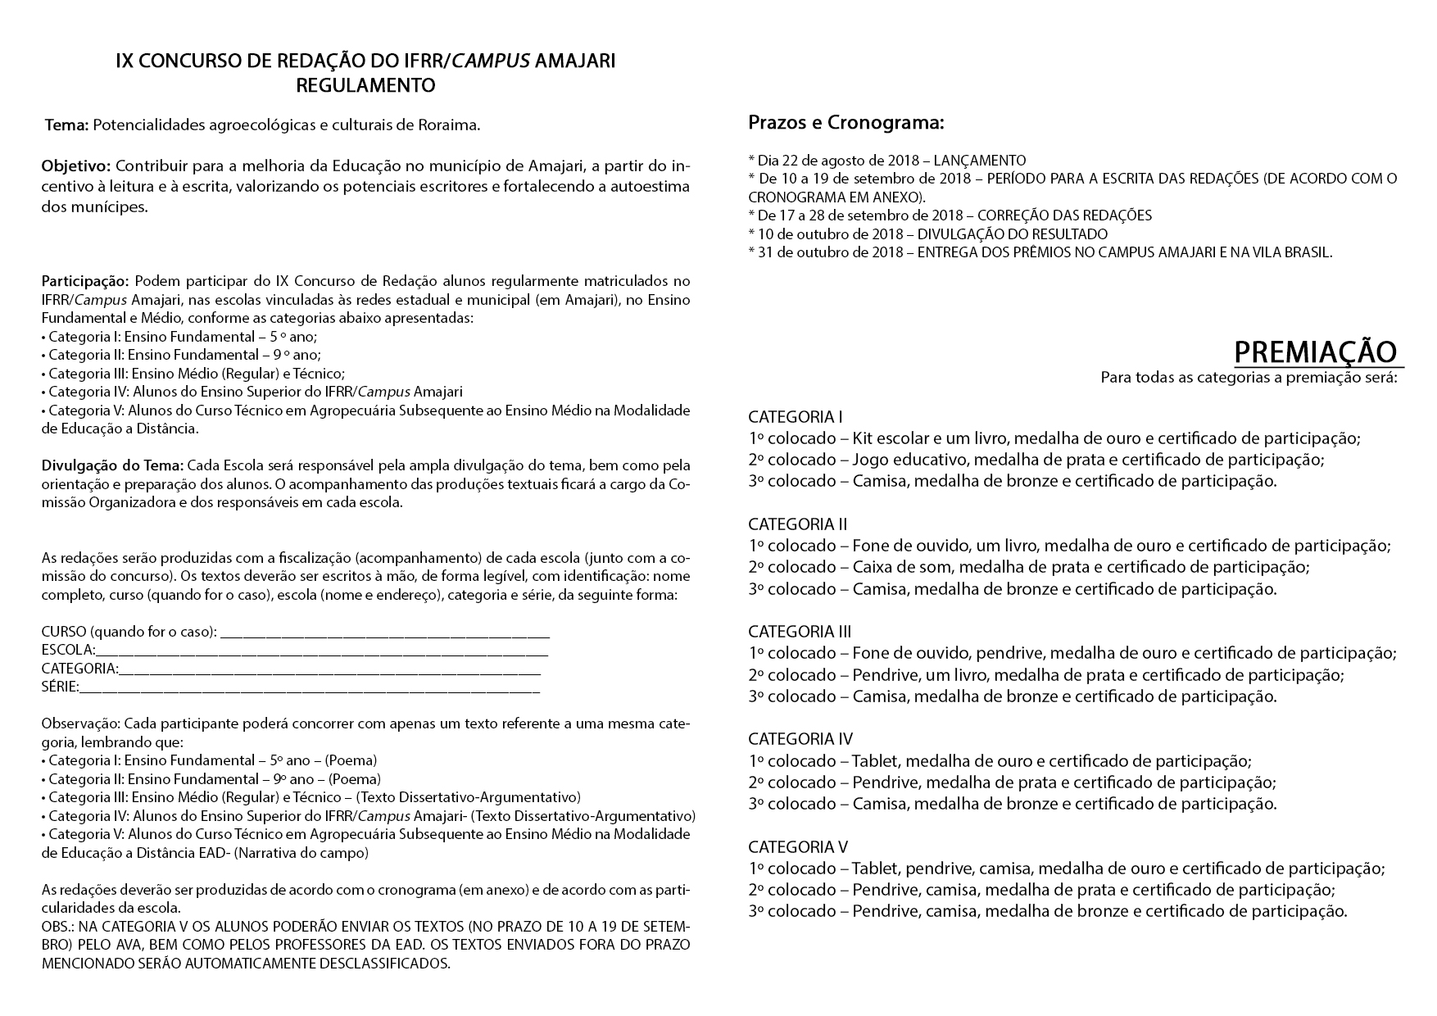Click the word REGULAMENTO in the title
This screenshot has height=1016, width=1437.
[x=365, y=85]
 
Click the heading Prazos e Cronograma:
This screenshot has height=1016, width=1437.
[x=846, y=124]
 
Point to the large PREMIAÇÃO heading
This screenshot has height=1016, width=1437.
[x=1316, y=352]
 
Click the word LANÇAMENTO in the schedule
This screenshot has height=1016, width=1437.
[x=980, y=161]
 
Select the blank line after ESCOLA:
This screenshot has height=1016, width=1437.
[x=321, y=653]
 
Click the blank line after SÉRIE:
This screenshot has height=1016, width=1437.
[x=310, y=688]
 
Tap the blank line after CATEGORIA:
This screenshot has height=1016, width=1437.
[x=329, y=671]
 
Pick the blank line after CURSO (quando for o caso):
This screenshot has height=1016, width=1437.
[x=385, y=634]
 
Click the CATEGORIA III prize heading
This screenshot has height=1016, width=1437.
[x=800, y=632]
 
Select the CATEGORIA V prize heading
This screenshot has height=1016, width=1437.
[x=798, y=847]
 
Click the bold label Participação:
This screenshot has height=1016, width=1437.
[x=85, y=282]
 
